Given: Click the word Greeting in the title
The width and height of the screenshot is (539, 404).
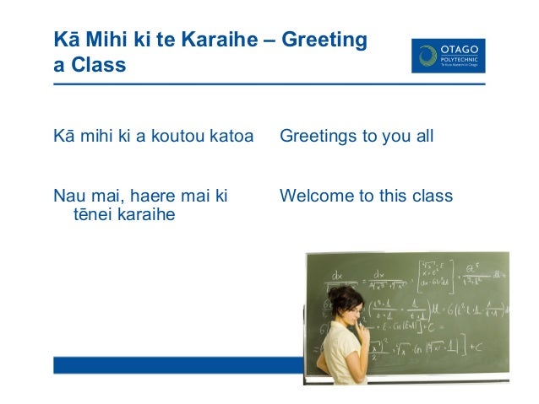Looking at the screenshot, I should [325, 40].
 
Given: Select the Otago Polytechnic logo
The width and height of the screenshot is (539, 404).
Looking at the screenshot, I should [448, 55].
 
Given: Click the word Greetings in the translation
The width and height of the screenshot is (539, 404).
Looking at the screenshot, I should [318, 136].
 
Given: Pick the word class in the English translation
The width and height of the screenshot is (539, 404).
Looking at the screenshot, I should [431, 197].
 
